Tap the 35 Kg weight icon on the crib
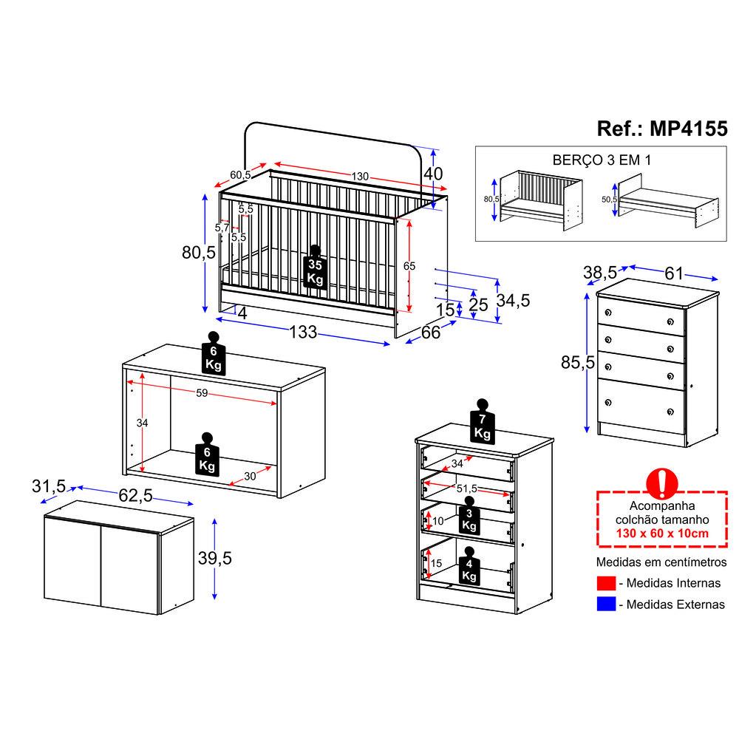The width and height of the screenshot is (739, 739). pyautogui.click(x=315, y=270)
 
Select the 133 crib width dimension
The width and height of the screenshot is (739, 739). pyautogui.click(x=303, y=333)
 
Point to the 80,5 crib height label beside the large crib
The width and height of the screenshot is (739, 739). pyautogui.click(x=198, y=252)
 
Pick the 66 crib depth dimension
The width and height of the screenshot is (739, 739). pyautogui.click(x=431, y=333)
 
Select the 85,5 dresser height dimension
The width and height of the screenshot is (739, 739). pyautogui.click(x=578, y=362)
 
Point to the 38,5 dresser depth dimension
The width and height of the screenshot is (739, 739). pyautogui.click(x=601, y=273)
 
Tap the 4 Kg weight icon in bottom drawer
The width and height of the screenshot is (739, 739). pyautogui.click(x=469, y=567)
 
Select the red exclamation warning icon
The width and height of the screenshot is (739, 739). pyautogui.click(x=662, y=483)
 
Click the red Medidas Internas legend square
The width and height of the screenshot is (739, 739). pyautogui.click(x=606, y=584)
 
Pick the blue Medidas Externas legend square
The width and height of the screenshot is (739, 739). pyautogui.click(x=606, y=604)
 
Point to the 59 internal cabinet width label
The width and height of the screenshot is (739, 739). pyautogui.click(x=202, y=393)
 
